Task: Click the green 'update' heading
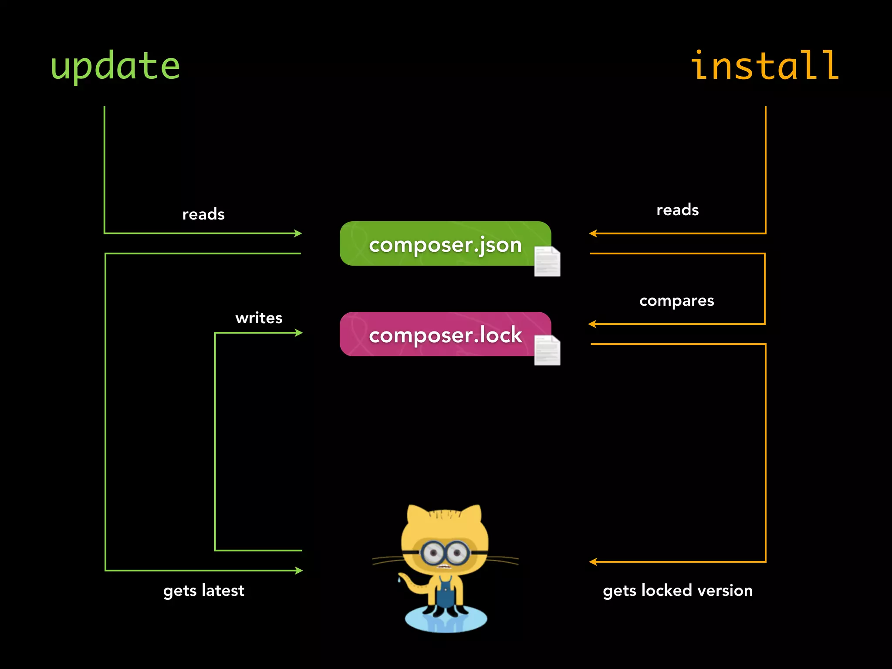click(115, 66)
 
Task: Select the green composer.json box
click(444, 244)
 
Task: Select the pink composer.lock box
click(444, 334)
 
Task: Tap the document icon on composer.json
click(547, 261)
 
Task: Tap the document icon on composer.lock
click(547, 350)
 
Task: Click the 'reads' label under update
click(203, 214)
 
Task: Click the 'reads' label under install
click(677, 210)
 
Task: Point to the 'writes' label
click(259, 318)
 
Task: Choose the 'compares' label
click(676, 301)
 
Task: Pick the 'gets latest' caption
click(203, 591)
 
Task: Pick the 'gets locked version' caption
click(677, 591)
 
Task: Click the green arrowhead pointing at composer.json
click(298, 233)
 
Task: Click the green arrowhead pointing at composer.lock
click(299, 333)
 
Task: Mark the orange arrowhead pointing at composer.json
click(593, 233)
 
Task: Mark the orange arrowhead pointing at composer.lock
click(592, 324)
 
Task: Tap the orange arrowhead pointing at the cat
click(593, 562)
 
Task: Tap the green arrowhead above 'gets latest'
click(299, 571)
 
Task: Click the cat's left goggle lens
click(433, 553)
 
